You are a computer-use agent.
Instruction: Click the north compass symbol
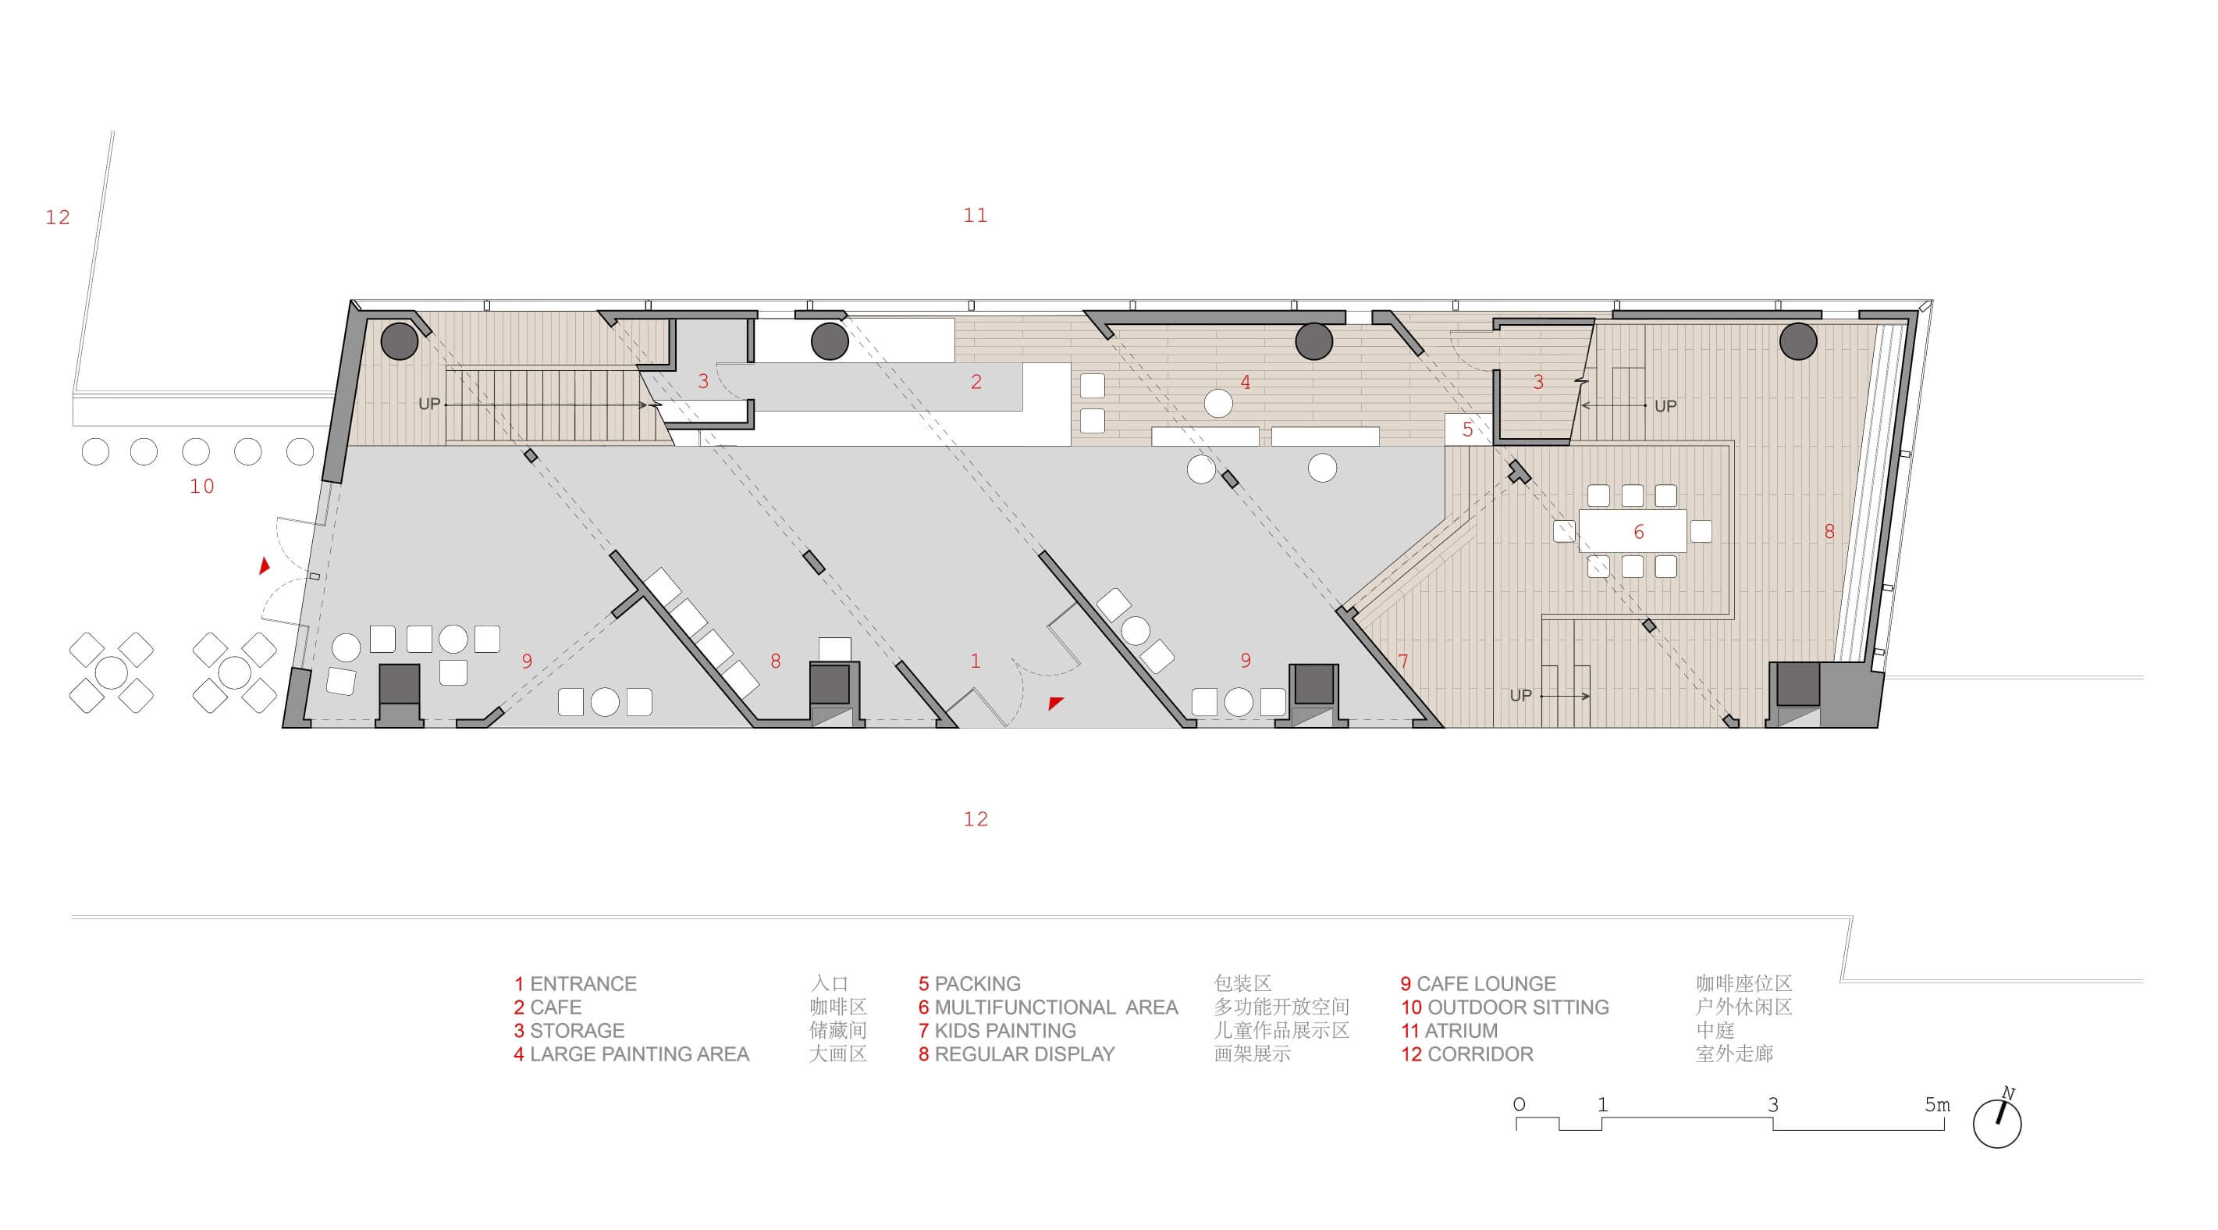tap(1996, 1121)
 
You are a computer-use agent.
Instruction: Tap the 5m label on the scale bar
tap(1937, 1104)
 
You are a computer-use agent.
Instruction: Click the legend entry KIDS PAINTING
tap(1005, 1030)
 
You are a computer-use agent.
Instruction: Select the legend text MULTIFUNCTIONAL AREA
tap(1056, 1007)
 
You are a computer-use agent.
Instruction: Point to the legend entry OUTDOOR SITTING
tap(1518, 1007)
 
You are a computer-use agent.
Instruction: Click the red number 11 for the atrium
tap(976, 216)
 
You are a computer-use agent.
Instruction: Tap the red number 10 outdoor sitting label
tap(201, 487)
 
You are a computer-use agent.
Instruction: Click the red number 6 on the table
tap(1639, 533)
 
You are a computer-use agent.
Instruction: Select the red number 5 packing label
tap(1468, 429)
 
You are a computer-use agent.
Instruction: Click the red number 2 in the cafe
tap(976, 383)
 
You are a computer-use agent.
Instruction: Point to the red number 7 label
tap(1403, 661)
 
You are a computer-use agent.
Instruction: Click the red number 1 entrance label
tap(976, 661)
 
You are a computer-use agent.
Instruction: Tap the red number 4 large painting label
tap(1245, 383)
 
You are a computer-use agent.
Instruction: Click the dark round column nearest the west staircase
tap(400, 341)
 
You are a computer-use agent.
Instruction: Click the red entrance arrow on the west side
tap(265, 565)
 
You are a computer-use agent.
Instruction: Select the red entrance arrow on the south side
tap(1056, 703)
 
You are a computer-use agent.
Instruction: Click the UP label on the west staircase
tap(430, 404)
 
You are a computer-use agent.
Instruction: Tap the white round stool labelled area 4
tap(1218, 403)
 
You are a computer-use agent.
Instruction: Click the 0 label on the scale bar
tap(1519, 1104)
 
